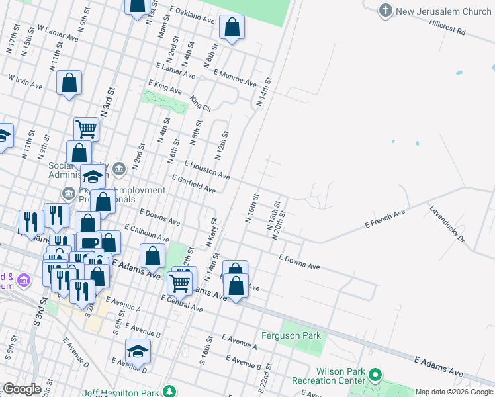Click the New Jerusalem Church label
click(x=444, y=11)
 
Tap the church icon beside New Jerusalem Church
click(x=386, y=11)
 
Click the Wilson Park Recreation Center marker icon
click(x=375, y=376)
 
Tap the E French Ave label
click(x=384, y=220)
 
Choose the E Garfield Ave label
click(x=193, y=185)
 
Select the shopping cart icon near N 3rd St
click(x=86, y=128)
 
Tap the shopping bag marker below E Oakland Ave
click(x=232, y=28)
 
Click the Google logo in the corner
click(x=22, y=389)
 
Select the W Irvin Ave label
click(x=25, y=82)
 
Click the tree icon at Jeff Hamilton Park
click(x=170, y=392)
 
